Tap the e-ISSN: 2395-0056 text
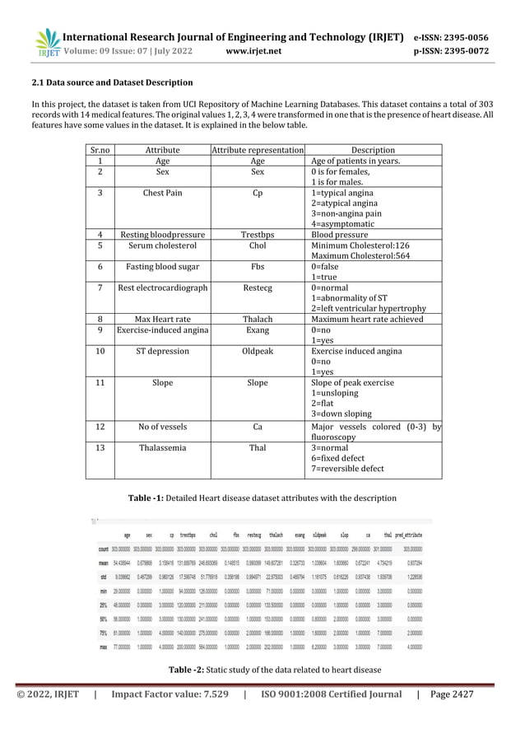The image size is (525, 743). [450, 37]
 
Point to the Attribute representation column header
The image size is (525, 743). [258, 151]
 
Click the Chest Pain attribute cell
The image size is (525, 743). [162, 194]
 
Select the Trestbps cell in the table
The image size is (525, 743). [258, 234]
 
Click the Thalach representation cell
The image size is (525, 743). [258, 320]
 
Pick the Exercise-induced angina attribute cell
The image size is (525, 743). [162, 330]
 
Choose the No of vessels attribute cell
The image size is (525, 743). [162, 427]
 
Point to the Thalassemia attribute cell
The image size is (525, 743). [162, 448]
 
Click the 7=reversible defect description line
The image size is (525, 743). [347, 470]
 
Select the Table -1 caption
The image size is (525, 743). [262, 498]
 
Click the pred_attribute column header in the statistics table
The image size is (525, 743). [416, 533]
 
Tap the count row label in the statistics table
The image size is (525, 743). [104, 547]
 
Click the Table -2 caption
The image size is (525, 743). [262, 670]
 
